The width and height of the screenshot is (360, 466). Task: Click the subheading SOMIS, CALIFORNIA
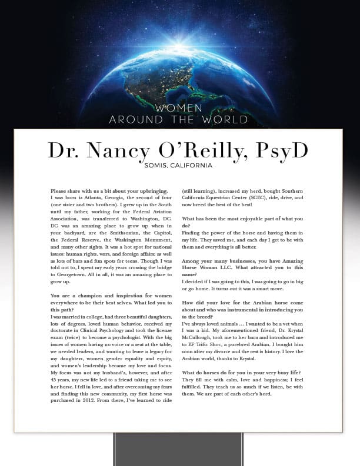tap(178, 166)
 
